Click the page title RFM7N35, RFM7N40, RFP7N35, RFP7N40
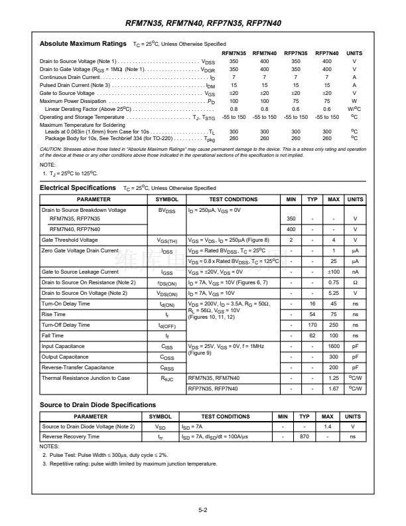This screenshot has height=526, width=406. [x=202, y=23]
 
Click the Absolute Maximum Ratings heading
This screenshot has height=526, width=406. [x=83, y=44]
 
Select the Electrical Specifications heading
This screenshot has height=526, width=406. [x=78, y=188]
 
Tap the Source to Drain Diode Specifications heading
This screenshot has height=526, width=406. [x=98, y=404]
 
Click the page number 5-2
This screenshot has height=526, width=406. [x=202, y=511]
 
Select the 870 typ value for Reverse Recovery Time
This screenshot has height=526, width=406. [x=304, y=436]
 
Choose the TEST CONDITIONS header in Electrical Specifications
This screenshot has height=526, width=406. [x=233, y=199]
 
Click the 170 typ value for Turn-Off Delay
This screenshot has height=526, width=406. [x=312, y=325]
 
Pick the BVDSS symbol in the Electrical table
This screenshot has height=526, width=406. [x=167, y=210]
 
